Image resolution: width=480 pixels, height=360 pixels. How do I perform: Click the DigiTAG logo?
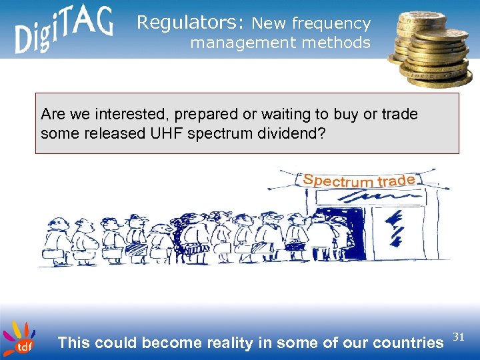click(64, 30)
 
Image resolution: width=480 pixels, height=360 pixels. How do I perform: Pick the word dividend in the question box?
click(292, 133)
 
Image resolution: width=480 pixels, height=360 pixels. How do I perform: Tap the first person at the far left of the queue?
click(55, 240)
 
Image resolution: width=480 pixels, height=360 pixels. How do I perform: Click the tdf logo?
click(19, 339)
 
